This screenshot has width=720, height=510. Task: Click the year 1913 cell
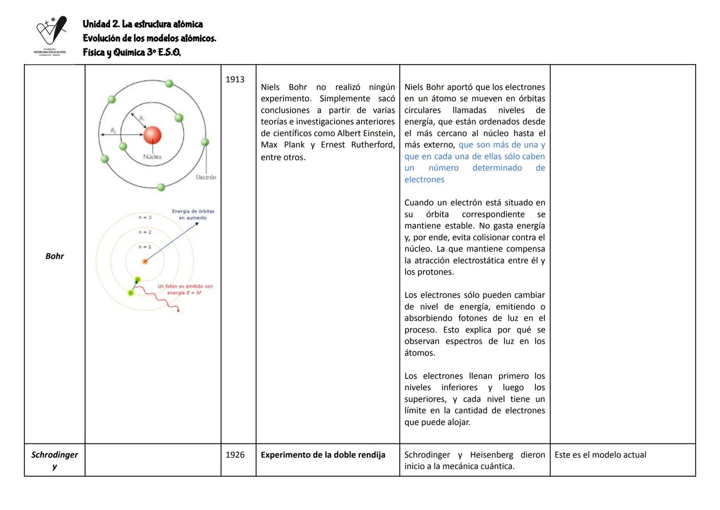[235, 79]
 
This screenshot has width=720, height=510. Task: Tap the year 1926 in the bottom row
[235, 455]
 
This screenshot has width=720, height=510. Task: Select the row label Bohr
[54, 256]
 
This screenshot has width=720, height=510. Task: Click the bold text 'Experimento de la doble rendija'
[322, 455]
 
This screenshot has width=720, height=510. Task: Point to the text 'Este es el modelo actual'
[600, 455]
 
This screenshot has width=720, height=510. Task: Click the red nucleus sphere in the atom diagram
[152, 135]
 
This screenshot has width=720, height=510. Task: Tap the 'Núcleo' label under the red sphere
[152, 157]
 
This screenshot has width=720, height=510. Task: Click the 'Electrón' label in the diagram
[206, 177]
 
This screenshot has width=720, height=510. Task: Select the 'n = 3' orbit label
[145, 217]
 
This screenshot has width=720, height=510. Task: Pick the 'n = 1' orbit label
[145, 246]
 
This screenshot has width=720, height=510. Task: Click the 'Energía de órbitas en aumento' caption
[193, 214]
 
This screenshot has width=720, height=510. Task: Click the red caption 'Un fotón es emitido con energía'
[185, 289]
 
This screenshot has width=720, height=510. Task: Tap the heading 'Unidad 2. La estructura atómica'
[143, 24]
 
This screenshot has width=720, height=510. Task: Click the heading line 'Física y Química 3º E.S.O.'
[131, 52]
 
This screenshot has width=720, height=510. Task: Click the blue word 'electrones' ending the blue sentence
[424, 179]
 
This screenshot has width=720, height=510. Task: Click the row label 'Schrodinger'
[54, 455]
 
